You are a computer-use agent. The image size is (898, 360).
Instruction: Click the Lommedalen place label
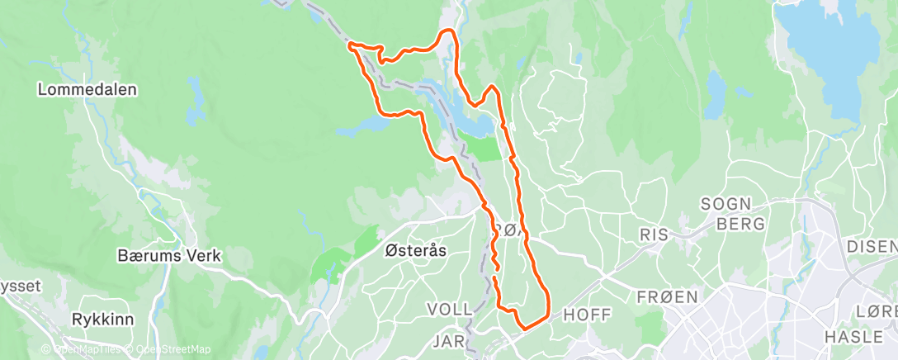(x=87, y=89)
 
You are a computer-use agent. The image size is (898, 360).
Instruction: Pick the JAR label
(x=448, y=339)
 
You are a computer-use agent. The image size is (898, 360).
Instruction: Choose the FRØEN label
(x=668, y=296)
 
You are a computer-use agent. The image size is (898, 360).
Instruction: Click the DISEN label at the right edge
(x=872, y=246)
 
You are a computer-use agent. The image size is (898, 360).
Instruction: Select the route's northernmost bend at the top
(x=448, y=31)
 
